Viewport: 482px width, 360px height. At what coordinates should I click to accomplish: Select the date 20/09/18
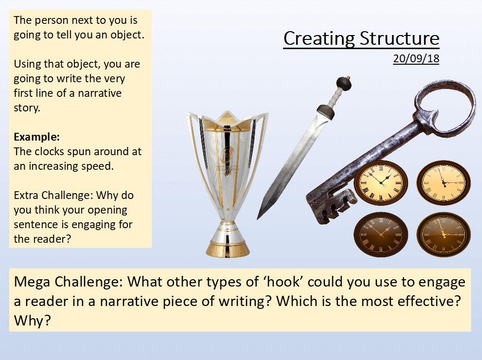(x=416, y=58)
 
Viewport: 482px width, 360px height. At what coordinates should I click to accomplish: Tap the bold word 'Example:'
(x=36, y=137)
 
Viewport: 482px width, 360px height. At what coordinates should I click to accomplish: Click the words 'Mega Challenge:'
(x=68, y=282)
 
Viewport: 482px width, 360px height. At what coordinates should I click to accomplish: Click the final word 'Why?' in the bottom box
(x=32, y=320)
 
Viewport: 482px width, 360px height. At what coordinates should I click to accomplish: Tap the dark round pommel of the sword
(x=344, y=83)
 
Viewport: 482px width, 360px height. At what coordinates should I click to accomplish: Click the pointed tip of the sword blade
(x=258, y=218)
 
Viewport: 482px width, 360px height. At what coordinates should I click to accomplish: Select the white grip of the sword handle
(x=334, y=98)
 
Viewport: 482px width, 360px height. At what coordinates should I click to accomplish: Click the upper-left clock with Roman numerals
(x=381, y=182)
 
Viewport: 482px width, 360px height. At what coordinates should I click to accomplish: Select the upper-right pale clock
(x=443, y=182)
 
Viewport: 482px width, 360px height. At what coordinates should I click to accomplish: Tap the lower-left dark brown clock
(x=381, y=234)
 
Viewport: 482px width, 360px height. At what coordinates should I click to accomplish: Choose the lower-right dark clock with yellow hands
(x=443, y=234)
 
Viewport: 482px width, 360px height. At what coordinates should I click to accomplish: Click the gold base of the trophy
(x=228, y=249)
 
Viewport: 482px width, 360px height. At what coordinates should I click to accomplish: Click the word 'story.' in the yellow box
(x=27, y=108)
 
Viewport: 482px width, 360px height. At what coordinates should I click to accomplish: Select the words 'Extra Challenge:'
(x=54, y=195)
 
